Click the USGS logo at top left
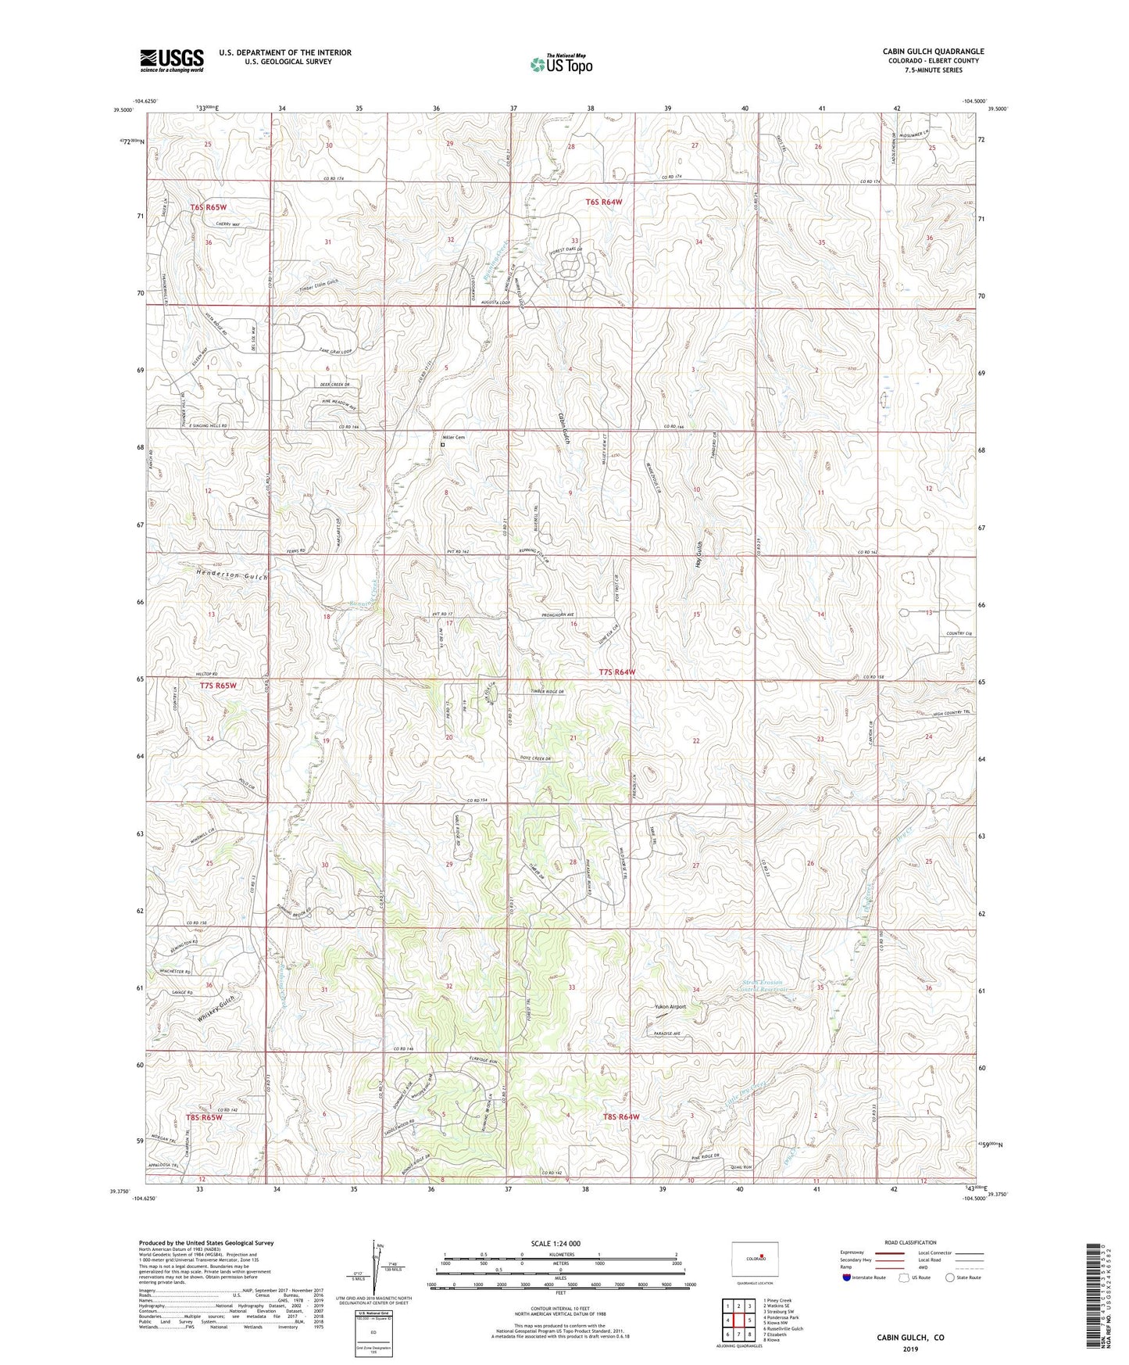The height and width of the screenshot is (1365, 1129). [172, 60]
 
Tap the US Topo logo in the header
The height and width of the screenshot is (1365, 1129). [560, 64]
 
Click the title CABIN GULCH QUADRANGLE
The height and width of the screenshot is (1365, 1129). [933, 52]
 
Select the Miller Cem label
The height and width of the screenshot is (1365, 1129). [453, 438]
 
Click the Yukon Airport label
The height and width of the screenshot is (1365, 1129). [670, 1007]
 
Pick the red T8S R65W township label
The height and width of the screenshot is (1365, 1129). [205, 1118]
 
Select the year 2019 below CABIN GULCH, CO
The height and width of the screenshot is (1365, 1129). [910, 1349]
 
